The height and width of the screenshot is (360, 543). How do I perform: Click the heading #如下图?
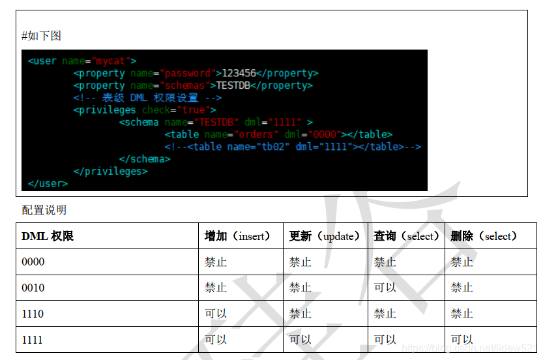(41, 36)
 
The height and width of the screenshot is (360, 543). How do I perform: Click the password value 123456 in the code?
(239, 73)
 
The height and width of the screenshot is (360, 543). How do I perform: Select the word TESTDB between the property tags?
(233, 85)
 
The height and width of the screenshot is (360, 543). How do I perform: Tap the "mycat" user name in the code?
(110, 61)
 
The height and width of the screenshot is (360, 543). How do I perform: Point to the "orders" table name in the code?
(256, 134)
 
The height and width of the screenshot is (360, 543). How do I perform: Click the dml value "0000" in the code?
(325, 134)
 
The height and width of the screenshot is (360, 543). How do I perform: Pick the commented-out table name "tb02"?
(273, 147)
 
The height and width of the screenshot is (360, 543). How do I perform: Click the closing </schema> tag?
(145, 159)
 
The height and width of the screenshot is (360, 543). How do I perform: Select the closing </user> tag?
(48, 184)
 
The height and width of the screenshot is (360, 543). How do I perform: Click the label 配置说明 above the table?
(44, 209)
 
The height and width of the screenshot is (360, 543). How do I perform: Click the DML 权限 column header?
(48, 236)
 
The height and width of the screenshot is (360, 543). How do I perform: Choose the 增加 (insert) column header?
(237, 236)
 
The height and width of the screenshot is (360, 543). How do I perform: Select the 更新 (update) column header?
(325, 236)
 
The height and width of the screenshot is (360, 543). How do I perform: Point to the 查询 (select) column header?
(406, 236)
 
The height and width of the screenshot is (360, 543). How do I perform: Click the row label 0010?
(33, 288)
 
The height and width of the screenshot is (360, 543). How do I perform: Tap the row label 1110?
(33, 314)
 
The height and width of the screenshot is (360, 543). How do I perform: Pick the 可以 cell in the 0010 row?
(385, 288)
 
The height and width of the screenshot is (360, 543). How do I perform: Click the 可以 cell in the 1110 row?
(215, 314)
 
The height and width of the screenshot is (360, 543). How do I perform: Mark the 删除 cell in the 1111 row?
(462, 340)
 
